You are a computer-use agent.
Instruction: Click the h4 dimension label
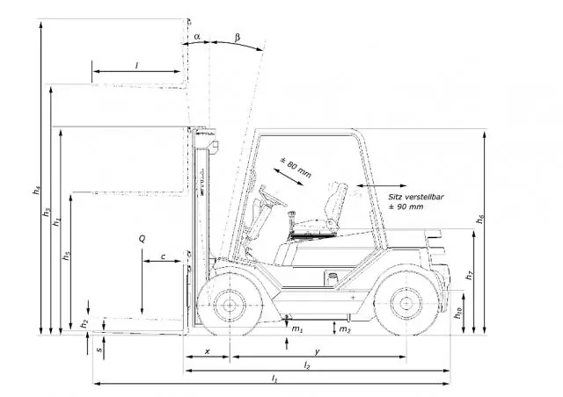coord(36,190)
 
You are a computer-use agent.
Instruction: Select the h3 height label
coord(47,212)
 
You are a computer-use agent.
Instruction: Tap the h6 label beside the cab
coord(480,219)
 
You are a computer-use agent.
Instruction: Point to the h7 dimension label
coord(469,276)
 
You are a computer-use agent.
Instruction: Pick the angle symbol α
coord(197,37)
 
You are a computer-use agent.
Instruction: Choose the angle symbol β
coord(238,37)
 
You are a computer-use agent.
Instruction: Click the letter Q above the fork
coord(143,239)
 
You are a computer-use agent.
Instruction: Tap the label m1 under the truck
coord(297,328)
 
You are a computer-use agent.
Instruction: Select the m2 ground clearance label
coord(345,329)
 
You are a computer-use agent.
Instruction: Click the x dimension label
coord(208,352)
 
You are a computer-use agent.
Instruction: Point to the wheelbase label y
coord(317,352)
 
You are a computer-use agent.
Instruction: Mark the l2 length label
coord(307,365)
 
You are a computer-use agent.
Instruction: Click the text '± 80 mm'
coord(296,168)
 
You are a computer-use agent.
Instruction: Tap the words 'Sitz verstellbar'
coord(416,197)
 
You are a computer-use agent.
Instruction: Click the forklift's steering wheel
coord(274,197)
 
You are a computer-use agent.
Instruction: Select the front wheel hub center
coord(230,305)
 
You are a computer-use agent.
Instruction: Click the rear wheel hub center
coord(406,303)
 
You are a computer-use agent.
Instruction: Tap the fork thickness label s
coord(99,349)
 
